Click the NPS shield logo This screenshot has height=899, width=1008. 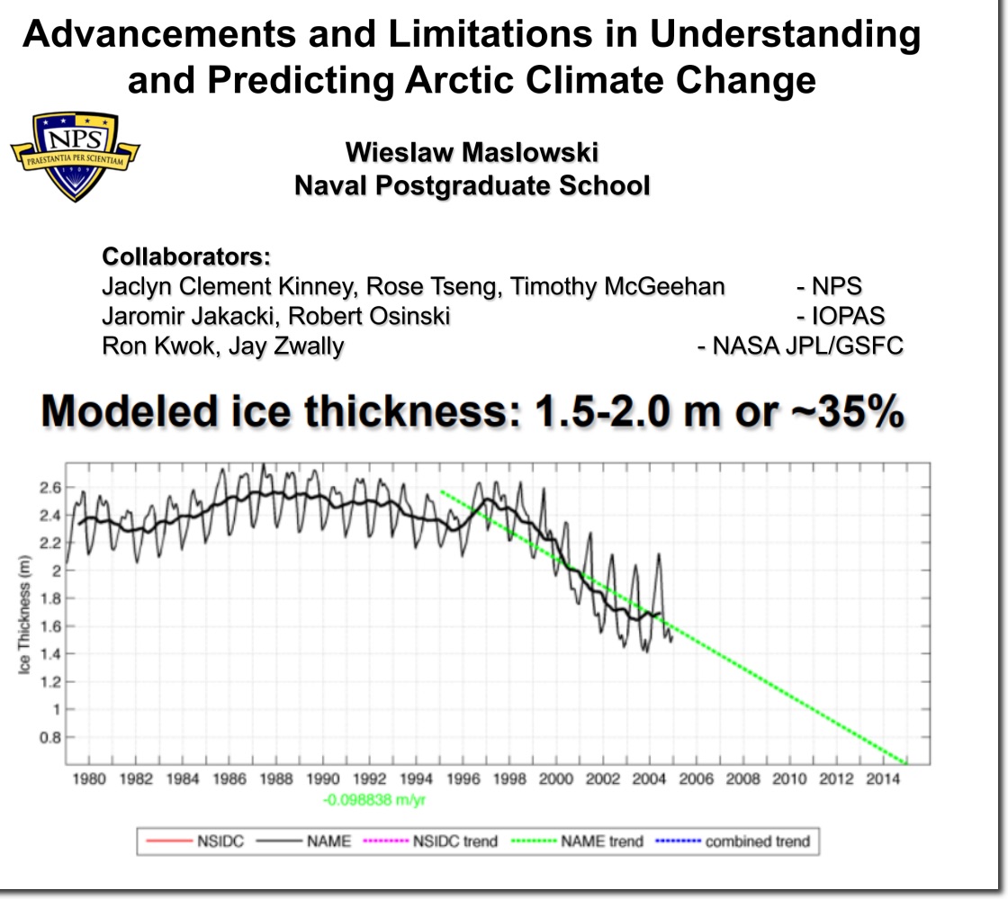(76, 156)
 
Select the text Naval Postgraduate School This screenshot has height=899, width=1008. (471, 185)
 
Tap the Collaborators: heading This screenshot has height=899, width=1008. (186, 256)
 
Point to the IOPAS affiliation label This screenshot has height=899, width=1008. (841, 316)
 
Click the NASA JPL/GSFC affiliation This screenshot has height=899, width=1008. (800, 346)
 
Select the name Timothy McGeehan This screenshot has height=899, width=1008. (617, 286)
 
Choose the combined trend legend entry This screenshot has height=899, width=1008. (743, 841)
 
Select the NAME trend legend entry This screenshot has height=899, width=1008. (585, 841)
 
